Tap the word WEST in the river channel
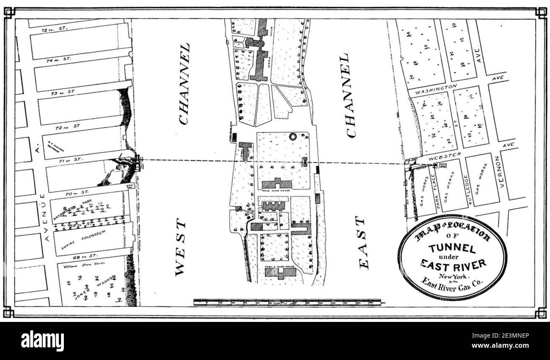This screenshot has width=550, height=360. (x=181, y=247)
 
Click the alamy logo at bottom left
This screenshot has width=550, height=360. (x=43, y=341)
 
